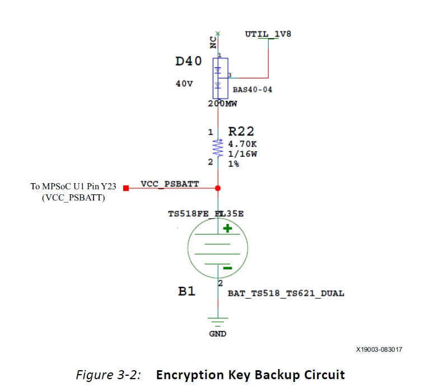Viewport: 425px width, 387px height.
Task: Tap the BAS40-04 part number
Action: [x=252, y=90]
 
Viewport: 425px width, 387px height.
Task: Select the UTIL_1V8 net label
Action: [x=268, y=34]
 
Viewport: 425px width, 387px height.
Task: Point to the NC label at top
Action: [x=213, y=44]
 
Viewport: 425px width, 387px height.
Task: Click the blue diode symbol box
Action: [x=220, y=78]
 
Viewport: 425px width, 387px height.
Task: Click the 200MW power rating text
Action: [x=222, y=104]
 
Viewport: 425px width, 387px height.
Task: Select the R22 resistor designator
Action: [x=241, y=132]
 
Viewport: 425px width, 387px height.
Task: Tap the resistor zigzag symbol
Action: [x=218, y=147]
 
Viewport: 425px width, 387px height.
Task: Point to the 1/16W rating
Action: [x=242, y=153]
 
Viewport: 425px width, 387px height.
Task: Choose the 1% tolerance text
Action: [x=234, y=164]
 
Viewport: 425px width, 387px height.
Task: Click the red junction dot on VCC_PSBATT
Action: [x=218, y=188]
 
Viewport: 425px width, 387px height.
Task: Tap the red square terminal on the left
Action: [x=126, y=188]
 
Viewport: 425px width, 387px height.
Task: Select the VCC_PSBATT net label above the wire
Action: [x=170, y=184]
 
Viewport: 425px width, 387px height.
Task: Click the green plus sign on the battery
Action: [x=228, y=228]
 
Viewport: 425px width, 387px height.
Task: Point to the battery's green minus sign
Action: [x=227, y=268]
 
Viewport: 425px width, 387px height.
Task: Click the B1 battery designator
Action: [x=186, y=291]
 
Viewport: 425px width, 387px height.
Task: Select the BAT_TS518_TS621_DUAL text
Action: [x=286, y=293]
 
